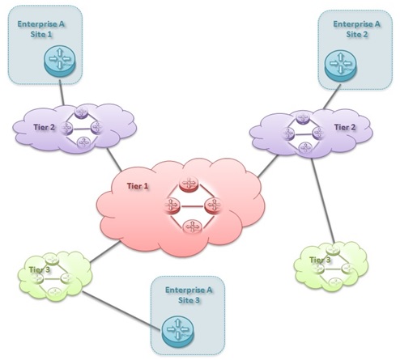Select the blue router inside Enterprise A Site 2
pos(341,66)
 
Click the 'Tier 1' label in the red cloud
pos(138,187)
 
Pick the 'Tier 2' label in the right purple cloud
pos(345,126)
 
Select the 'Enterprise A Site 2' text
pos(354,31)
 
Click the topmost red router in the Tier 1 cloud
pos(189,186)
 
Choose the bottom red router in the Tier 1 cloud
pos(191,226)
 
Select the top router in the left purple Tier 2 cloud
pos(80,113)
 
